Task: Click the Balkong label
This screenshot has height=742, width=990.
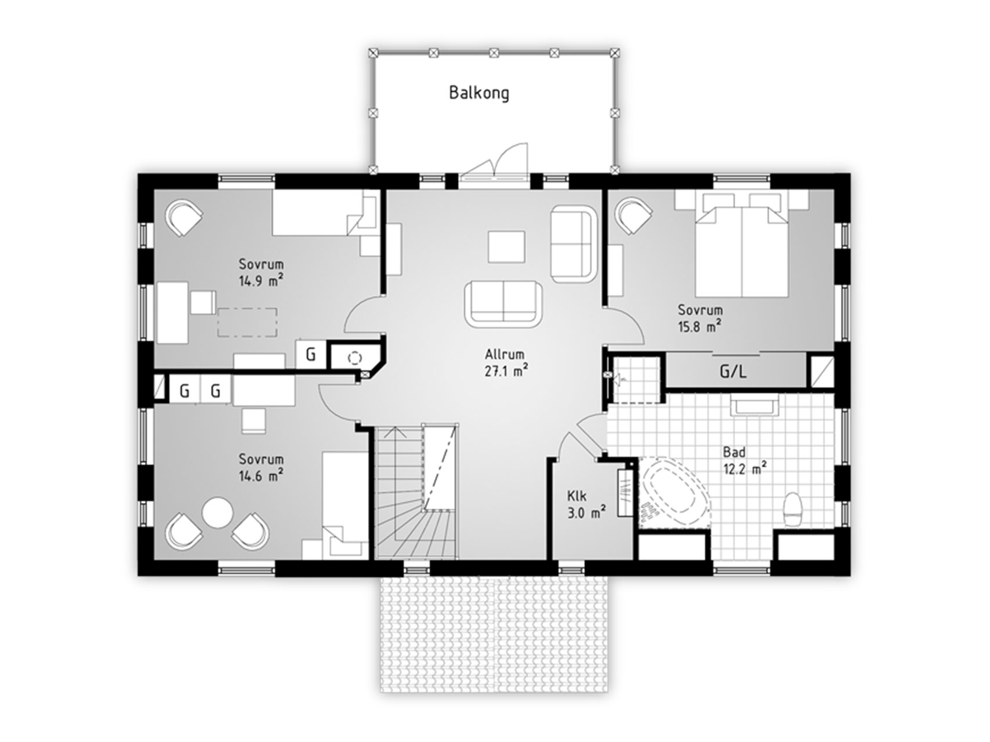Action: click(x=479, y=93)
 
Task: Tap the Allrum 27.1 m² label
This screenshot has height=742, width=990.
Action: click(x=506, y=363)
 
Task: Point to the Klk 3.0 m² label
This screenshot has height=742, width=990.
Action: click(x=586, y=504)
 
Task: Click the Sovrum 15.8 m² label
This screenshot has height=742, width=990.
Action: click(x=700, y=318)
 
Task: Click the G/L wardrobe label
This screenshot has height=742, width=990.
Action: click(x=733, y=371)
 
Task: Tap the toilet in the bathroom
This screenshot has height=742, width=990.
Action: click(x=792, y=510)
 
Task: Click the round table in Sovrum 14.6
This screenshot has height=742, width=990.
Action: click(x=217, y=512)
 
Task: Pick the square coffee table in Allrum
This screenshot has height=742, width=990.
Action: click(x=506, y=247)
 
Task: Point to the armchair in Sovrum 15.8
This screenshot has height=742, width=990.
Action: click(x=633, y=216)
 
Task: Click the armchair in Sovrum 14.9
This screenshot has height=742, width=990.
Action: click(x=184, y=217)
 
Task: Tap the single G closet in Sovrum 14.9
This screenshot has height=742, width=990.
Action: click(x=311, y=354)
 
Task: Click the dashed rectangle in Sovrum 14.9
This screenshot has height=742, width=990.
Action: click(x=247, y=322)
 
